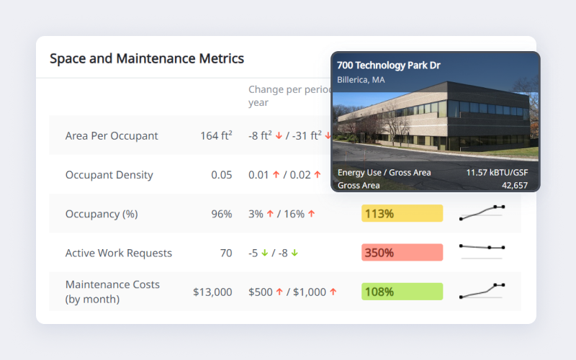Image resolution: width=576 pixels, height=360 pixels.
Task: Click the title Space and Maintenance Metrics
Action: [147, 59]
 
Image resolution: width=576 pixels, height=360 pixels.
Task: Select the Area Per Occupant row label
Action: [112, 136]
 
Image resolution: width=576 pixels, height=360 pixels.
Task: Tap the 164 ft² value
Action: [216, 136]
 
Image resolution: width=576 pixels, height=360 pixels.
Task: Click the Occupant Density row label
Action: [109, 175]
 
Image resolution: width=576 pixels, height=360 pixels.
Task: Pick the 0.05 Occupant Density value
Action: [222, 175]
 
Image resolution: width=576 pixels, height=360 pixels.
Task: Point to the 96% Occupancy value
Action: [222, 214]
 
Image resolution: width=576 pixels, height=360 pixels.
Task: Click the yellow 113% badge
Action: [402, 213]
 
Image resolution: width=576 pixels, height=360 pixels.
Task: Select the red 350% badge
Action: [402, 253]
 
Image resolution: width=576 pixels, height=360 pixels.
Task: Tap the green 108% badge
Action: [402, 292]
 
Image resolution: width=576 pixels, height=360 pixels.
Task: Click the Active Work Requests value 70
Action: [226, 253]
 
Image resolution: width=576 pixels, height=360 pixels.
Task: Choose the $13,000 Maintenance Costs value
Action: [212, 292]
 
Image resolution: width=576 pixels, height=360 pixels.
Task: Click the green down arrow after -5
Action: [264, 253]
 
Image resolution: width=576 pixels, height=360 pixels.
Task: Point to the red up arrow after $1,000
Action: [333, 292]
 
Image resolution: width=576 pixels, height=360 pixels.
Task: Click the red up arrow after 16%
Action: [312, 213]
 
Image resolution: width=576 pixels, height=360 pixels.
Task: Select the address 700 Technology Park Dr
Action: [389, 66]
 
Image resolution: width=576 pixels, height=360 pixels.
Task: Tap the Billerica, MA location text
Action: [361, 80]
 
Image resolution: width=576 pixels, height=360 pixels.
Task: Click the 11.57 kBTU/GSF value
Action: [497, 173]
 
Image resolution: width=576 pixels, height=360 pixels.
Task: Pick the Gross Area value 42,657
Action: [515, 186]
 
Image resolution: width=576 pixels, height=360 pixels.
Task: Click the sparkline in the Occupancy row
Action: [482, 212]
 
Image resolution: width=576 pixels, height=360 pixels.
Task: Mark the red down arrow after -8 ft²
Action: [279, 136]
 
